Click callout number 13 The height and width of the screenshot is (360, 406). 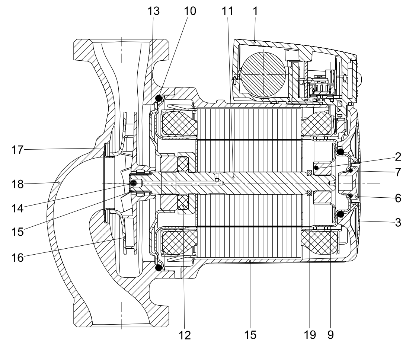point(154,11)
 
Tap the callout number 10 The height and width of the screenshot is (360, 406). point(190,11)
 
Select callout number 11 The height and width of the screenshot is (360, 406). point(227,11)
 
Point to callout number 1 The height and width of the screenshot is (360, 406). point(255,11)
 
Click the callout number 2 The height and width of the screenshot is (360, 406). point(398,157)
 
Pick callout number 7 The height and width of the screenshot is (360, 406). point(398,172)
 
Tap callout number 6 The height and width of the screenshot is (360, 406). point(398,198)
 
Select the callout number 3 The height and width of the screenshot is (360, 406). point(398,223)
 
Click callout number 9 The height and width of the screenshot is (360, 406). point(331,335)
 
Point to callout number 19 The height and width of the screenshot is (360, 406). point(310,335)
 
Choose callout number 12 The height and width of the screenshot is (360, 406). point(185,335)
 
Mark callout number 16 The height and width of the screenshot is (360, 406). point(17,258)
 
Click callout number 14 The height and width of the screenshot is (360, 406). point(17,208)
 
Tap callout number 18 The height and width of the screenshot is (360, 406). point(17,184)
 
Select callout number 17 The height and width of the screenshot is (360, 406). point(17,150)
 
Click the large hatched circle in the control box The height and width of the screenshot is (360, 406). point(263,74)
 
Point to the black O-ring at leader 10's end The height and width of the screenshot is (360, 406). point(159,98)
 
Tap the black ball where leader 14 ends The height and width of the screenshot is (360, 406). point(134,183)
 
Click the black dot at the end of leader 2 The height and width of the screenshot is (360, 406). point(316,168)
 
